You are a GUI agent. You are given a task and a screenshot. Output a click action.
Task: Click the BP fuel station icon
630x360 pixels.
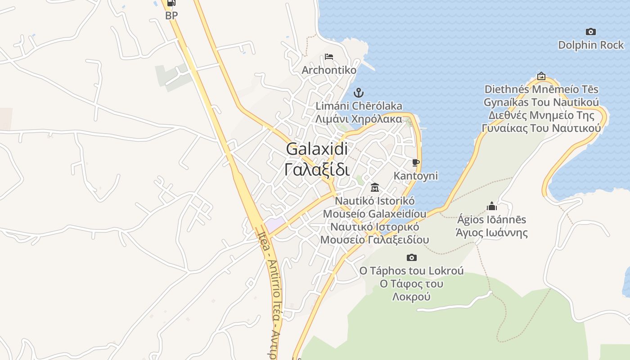(x=171, y=3)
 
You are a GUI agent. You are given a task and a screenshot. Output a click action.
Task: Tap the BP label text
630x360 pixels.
(x=171, y=15)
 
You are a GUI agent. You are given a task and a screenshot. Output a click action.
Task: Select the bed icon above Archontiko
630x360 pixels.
(x=329, y=57)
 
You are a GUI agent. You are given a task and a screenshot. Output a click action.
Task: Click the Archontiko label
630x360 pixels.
(x=329, y=70)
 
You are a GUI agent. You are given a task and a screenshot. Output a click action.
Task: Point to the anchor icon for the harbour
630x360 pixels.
(x=359, y=93)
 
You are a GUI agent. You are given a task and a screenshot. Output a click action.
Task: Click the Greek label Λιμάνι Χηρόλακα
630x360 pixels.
(x=359, y=119)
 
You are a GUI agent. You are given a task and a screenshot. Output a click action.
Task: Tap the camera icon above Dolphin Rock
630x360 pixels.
(x=591, y=31)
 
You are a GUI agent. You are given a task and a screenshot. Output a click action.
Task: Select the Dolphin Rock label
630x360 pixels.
(x=591, y=45)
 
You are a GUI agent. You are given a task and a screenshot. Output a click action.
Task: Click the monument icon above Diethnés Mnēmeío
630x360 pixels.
(x=541, y=76)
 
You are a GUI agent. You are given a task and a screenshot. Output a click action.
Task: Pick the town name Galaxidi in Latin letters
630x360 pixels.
(x=317, y=149)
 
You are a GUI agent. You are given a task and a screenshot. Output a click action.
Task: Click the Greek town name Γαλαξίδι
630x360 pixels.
(x=317, y=170)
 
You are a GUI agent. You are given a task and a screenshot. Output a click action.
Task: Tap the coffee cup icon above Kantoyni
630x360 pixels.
(x=415, y=162)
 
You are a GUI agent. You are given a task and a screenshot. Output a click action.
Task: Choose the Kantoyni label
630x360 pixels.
(x=415, y=175)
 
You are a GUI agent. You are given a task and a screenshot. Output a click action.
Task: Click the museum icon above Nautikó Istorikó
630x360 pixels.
(x=374, y=187)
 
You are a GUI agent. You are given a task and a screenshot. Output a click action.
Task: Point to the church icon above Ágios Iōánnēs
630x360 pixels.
(x=491, y=206)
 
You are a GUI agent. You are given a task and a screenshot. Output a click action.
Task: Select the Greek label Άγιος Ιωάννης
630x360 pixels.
(x=491, y=233)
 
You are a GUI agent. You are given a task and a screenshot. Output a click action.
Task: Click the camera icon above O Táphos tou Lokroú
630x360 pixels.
(x=411, y=258)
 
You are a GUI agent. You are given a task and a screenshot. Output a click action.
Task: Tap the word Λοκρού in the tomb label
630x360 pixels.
(x=411, y=297)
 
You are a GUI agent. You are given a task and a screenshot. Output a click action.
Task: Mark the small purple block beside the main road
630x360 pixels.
(x=274, y=223)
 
